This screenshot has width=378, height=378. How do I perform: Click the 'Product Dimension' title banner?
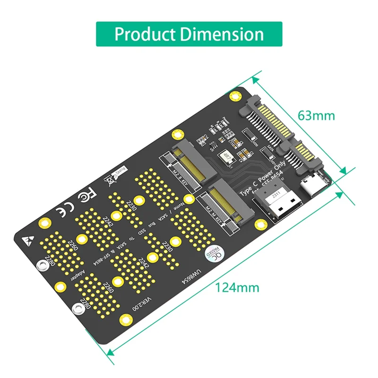tap(189, 34)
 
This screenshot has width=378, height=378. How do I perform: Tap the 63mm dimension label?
tap(316, 115)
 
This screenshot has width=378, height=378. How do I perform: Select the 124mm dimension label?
tap(237, 287)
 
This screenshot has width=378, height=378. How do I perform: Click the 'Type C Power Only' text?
tap(267, 182)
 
